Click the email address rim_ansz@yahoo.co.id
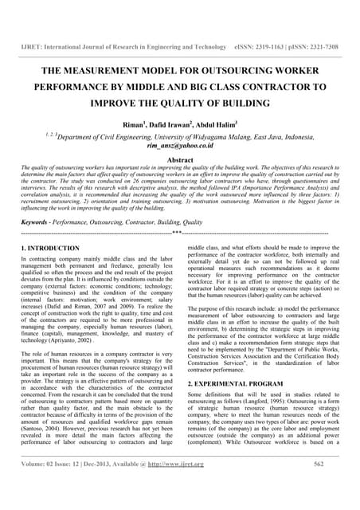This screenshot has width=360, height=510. [x=181, y=147]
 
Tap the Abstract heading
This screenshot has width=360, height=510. [x=180, y=159]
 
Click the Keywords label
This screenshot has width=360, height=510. [x=38, y=222]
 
